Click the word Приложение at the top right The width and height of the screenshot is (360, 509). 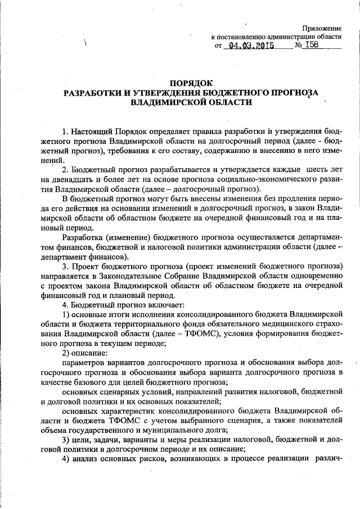(322, 28)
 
